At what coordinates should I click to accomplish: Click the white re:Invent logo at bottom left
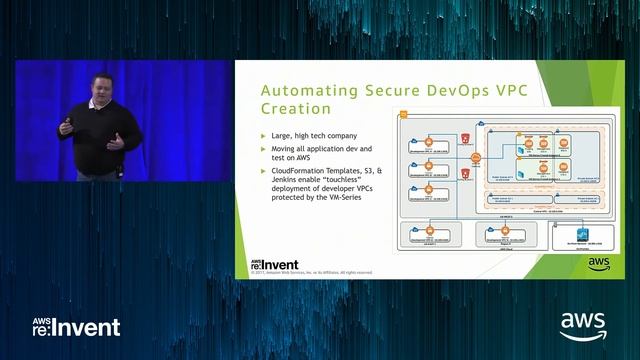coord(76,326)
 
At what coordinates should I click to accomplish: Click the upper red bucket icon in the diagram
coord(463,135)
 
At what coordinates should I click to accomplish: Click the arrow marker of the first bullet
coord(263,136)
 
